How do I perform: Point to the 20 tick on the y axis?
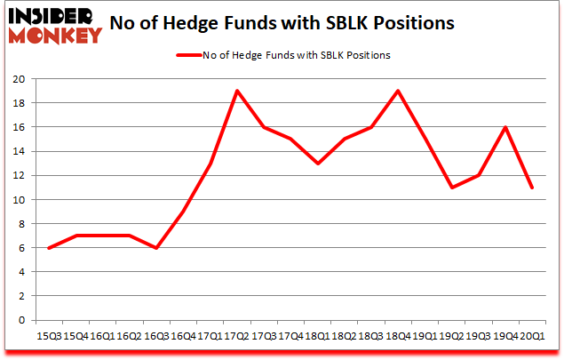(20, 79)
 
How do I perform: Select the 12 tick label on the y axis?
(20, 176)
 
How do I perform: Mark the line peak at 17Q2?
(236, 91)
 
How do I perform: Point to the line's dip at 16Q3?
(156, 248)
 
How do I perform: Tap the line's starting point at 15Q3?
(49, 248)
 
